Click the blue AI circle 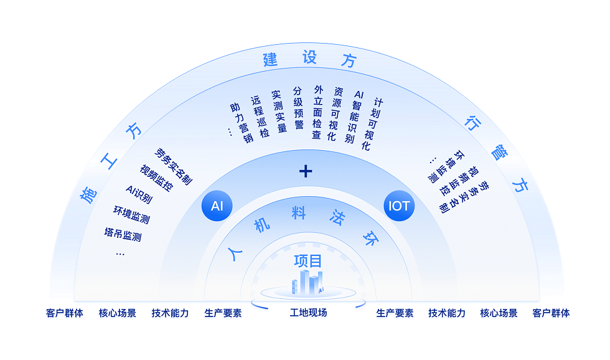[x=217, y=206]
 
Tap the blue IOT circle [x=398, y=206]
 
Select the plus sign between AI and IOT [x=306, y=171]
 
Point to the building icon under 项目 [x=307, y=284]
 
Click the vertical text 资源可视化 [x=335, y=114]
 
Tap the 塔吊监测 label [x=123, y=235]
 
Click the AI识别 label [x=139, y=194]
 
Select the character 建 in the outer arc [x=270, y=60]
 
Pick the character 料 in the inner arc [x=299, y=212]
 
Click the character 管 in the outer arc [x=497, y=151]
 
